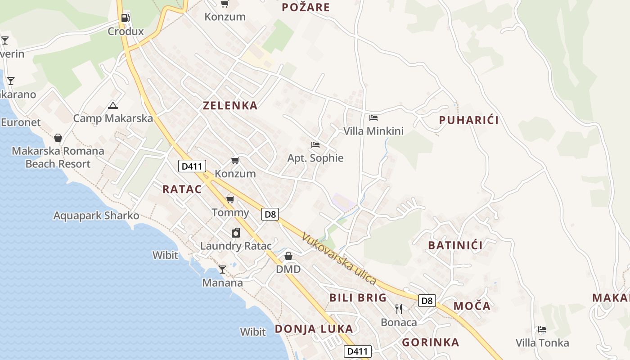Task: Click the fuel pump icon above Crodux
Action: coord(126,18)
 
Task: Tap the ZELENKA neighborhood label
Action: coord(230,106)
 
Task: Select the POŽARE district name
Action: coord(306,7)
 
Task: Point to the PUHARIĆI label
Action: coord(468,120)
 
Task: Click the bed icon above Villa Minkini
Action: coord(373,118)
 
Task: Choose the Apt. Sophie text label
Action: coord(315,158)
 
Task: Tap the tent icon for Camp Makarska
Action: coord(112,106)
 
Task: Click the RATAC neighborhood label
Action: coord(182,189)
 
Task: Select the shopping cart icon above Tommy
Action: coord(230,199)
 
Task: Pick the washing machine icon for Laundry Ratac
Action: coord(235,233)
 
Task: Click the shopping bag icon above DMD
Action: coord(288,256)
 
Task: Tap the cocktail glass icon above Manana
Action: coord(222,270)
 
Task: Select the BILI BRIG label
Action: coord(358,297)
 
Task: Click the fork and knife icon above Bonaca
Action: coord(398,309)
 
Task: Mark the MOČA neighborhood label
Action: coord(472,306)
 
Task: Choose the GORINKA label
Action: coord(430,342)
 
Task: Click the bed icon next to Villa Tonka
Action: coord(542,329)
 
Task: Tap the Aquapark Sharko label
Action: coord(96,216)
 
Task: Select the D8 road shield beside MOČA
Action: coord(427,301)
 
